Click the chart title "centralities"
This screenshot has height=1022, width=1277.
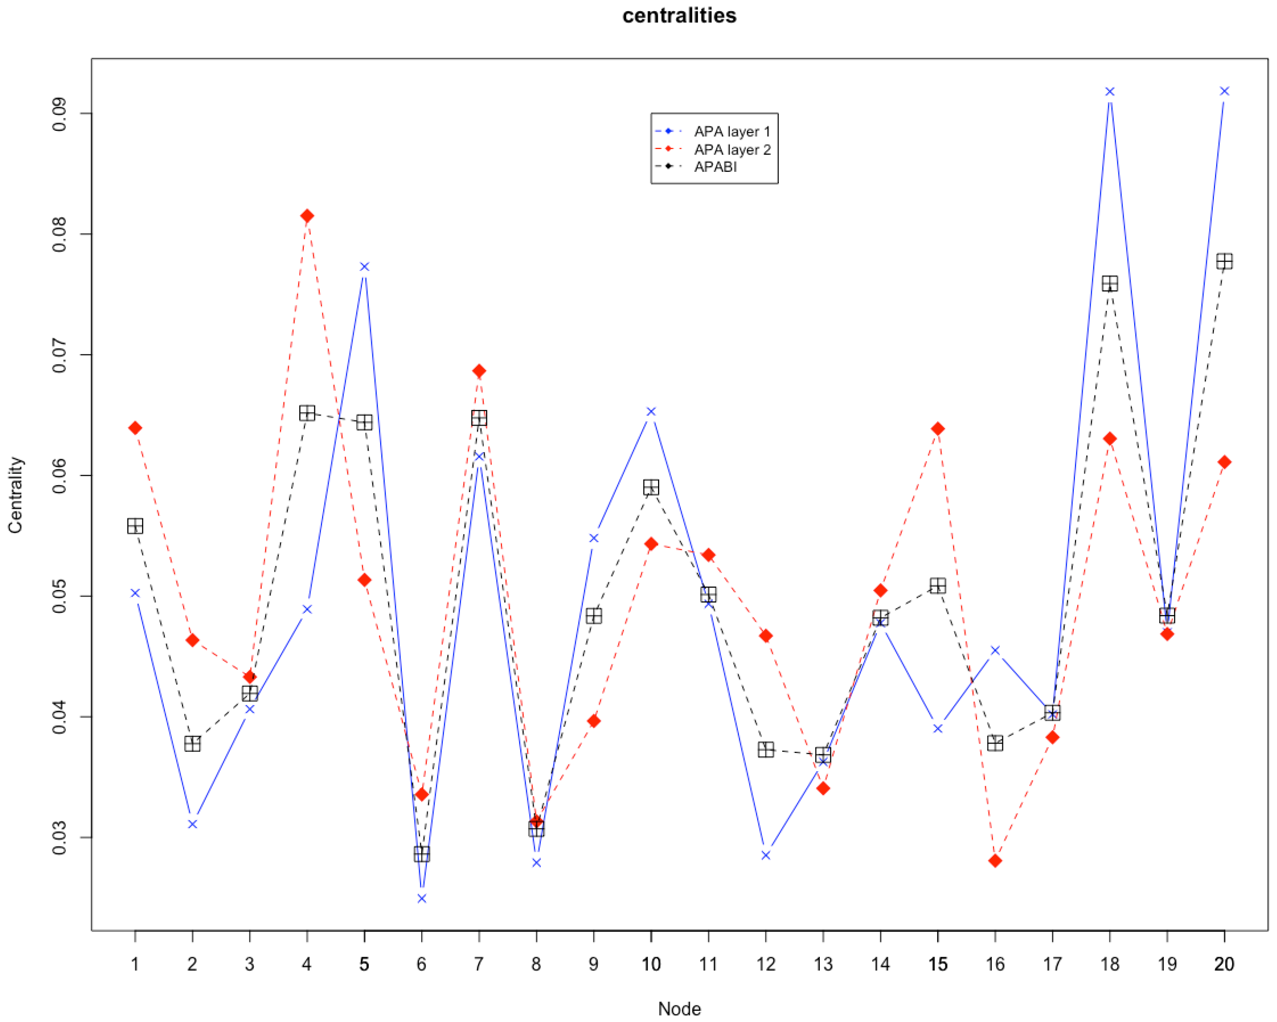coord(679,15)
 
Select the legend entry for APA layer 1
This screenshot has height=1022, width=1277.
coord(732,132)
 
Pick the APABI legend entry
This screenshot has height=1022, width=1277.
coord(715,167)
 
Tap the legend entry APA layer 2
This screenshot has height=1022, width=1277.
coord(732,150)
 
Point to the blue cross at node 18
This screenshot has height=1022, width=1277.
coord(1109,92)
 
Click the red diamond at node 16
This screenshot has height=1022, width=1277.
coord(995,860)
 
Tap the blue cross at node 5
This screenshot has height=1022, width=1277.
coord(364,267)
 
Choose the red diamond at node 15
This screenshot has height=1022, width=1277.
coord(938,429)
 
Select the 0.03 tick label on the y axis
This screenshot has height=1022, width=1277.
coord(59,838)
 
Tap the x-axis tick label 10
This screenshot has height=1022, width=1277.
coord(651,965)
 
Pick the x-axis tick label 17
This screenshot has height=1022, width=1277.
coord(1052,965)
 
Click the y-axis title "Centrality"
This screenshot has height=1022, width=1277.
coord(15,495)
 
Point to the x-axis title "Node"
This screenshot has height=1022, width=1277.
coord(679,1009)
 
